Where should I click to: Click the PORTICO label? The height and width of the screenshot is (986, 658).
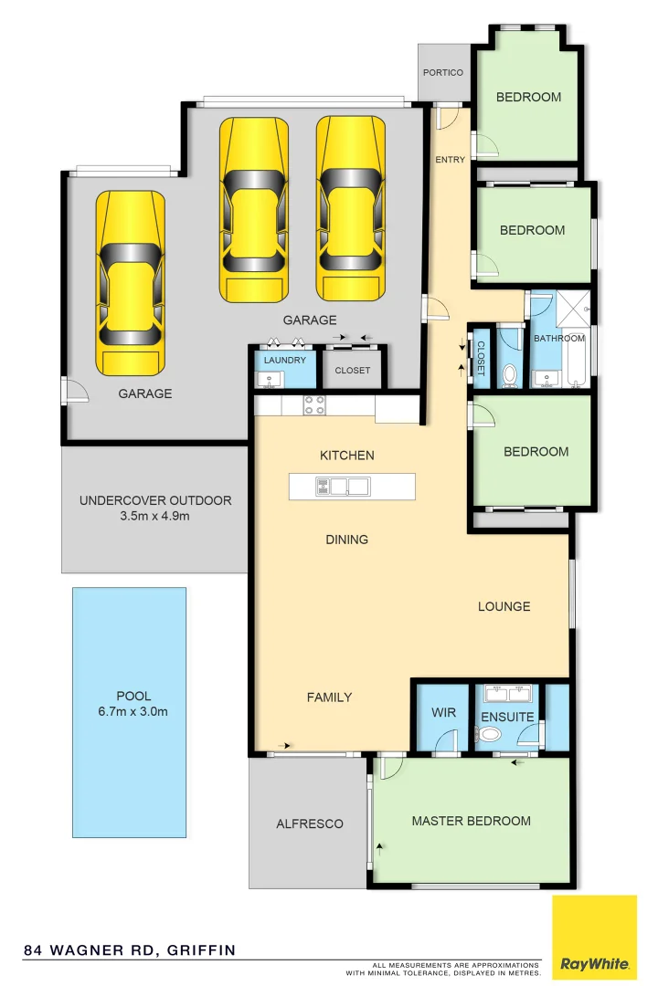(x=443, y=73)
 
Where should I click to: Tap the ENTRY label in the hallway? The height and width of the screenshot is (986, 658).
(x=450, y=160)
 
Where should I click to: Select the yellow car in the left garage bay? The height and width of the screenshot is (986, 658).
(x=131, y=282)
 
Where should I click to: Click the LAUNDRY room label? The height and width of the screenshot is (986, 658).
(x=284, y=361)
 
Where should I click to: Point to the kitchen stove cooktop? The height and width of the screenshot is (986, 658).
(x=314, y=404)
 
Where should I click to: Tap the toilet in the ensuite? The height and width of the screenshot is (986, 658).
(x=491, y=735)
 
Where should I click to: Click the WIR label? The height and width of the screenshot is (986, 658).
(x=443, y=714)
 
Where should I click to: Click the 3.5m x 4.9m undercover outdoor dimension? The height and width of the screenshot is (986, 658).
(x=154, y=516)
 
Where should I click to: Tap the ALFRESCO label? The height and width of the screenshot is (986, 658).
(x=310, y=823)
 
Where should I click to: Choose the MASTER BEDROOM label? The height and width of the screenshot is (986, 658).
(x=471, y=821)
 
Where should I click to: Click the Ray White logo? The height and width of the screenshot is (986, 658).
(x=594, y=938)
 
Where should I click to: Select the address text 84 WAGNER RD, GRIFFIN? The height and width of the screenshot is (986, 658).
(x=130, y=950)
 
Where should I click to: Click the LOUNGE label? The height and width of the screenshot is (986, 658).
(x=504, y=606)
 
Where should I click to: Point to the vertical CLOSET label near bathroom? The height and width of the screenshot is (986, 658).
(x=481, y=358)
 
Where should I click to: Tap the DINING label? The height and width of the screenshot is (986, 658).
(x=346, y=540)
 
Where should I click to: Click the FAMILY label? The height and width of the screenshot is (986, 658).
(x=329, y=698)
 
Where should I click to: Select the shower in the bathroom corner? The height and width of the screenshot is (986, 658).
(x=573, y=306)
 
